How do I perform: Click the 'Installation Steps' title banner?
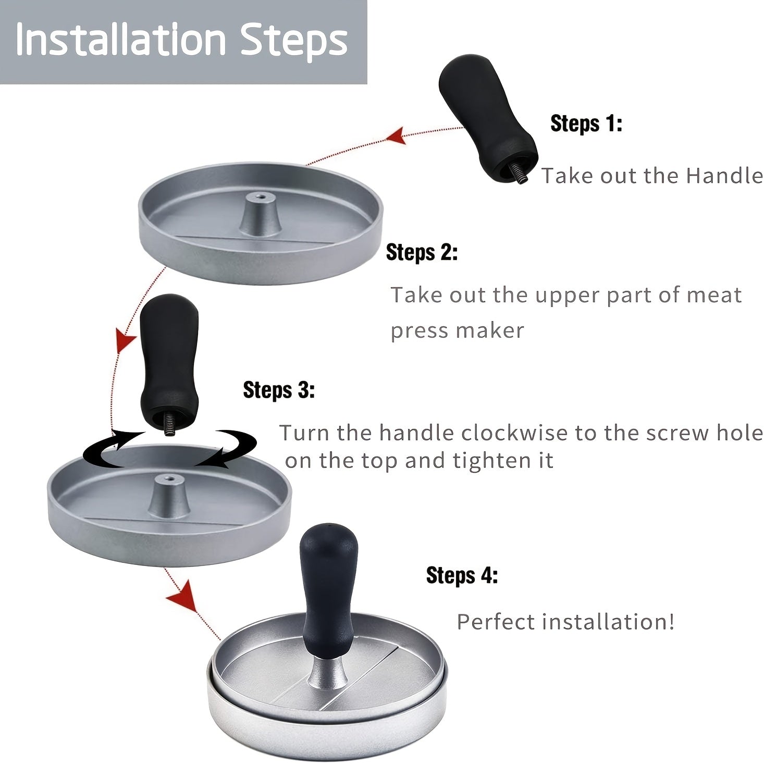pyautogui.click(x=182, y=41)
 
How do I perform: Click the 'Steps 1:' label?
pyautogui.click(x=586, y=124)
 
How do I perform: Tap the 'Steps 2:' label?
pyautogui.click(x=422, y=253)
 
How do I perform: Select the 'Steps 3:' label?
pyautogui.click(x=279, y=390)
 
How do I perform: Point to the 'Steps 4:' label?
pyautogui.click(x=462, y=576)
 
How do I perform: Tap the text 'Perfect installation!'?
pyautogui.click(x=565, y=622)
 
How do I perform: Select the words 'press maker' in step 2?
pyautogui.click(x=457, y=330)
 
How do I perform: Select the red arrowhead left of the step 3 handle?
pyautogui.click(x=125, y=341)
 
